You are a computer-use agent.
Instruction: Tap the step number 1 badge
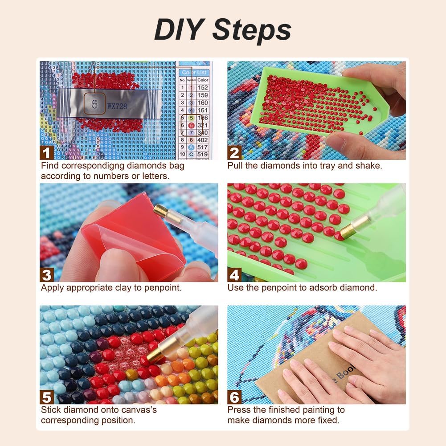pos(47,152)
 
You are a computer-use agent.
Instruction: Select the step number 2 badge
pos(234,152)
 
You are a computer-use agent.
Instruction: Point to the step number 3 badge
pos(47,274)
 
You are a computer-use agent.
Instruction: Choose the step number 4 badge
pos(234,274)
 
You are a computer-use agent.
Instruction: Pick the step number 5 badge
pos(47,397)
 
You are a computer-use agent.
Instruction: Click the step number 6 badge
pos(234,397)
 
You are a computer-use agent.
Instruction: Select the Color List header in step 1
pos(195,72)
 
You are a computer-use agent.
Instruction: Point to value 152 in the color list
pos(203,88)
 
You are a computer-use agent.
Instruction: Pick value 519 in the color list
pos(203,154)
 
